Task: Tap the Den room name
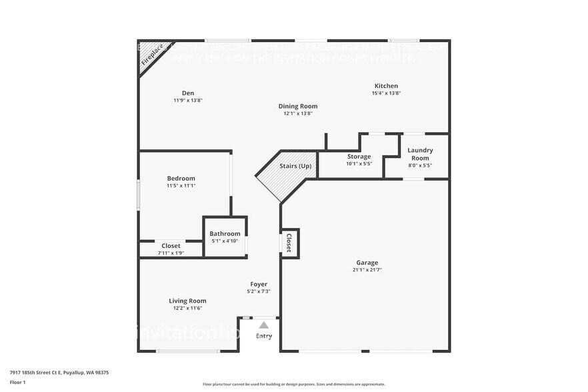tap(187, 93)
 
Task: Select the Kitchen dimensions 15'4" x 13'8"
tap(386, 93)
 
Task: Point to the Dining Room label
tap(297, 106)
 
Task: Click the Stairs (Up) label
tap(295, 166)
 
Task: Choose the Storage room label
tap(359, 157)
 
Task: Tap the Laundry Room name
tap(420, 154)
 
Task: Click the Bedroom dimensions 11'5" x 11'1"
tap(181, 186)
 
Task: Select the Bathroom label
tap(225, 233)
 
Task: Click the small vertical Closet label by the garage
tap(289, 243)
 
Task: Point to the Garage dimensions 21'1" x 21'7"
tap(367, 270)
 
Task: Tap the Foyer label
tap(259, 284)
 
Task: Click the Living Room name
tap(187, 301)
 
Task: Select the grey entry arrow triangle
tap(264, 325)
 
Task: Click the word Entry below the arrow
tap(264, 336)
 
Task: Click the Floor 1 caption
tap(17, 382)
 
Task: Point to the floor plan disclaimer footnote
tap(293, 385)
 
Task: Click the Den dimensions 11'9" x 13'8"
tap(187, 101)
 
